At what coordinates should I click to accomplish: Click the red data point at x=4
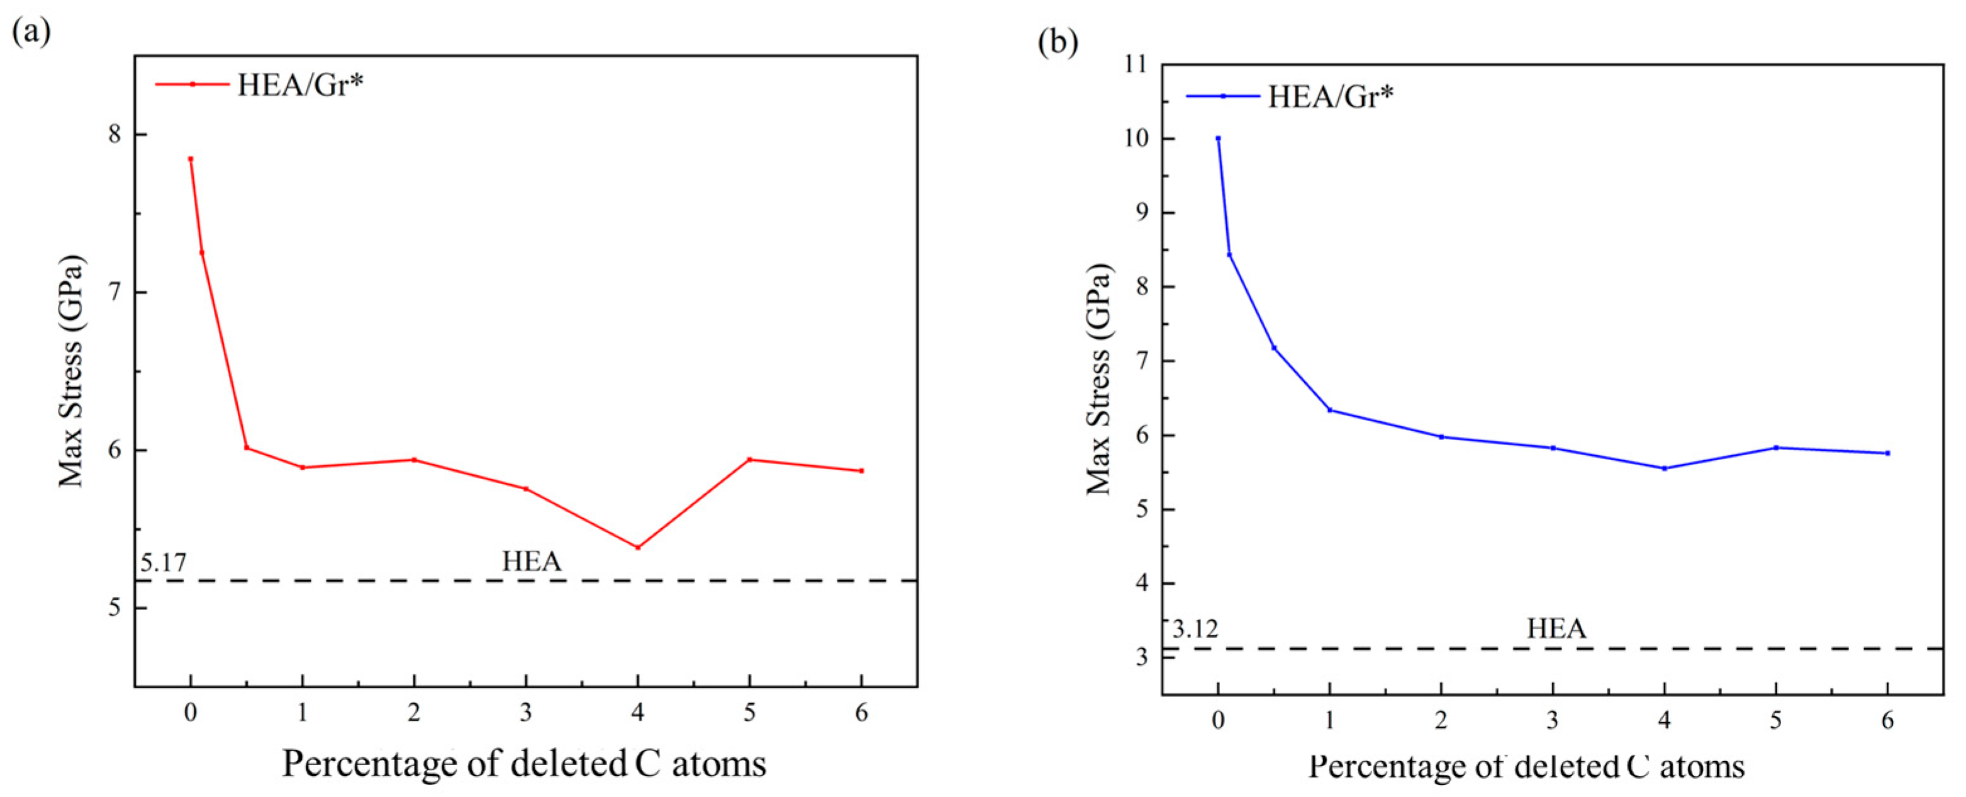click(638, 547)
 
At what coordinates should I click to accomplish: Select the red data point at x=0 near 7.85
click(191, 159)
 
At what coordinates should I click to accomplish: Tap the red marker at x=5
click(749, 460)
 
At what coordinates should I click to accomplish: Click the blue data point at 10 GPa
click(1218, 138)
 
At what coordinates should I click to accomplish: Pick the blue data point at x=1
click(1329, 410)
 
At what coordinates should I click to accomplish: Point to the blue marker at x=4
click(1665, 468)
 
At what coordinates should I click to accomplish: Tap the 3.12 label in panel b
click(1195, 629)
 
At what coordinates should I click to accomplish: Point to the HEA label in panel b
click(1557, 628)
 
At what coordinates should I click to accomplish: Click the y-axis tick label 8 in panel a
click(115, 134)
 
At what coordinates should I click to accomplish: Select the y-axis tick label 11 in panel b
click(1136, 64)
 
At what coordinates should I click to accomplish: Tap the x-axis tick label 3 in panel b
click(1552, 721)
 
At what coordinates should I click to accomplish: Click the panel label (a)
click(31, 32)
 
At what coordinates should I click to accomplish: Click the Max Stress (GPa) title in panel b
click(1098, 380)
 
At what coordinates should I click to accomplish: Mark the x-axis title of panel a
click(524, 764)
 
